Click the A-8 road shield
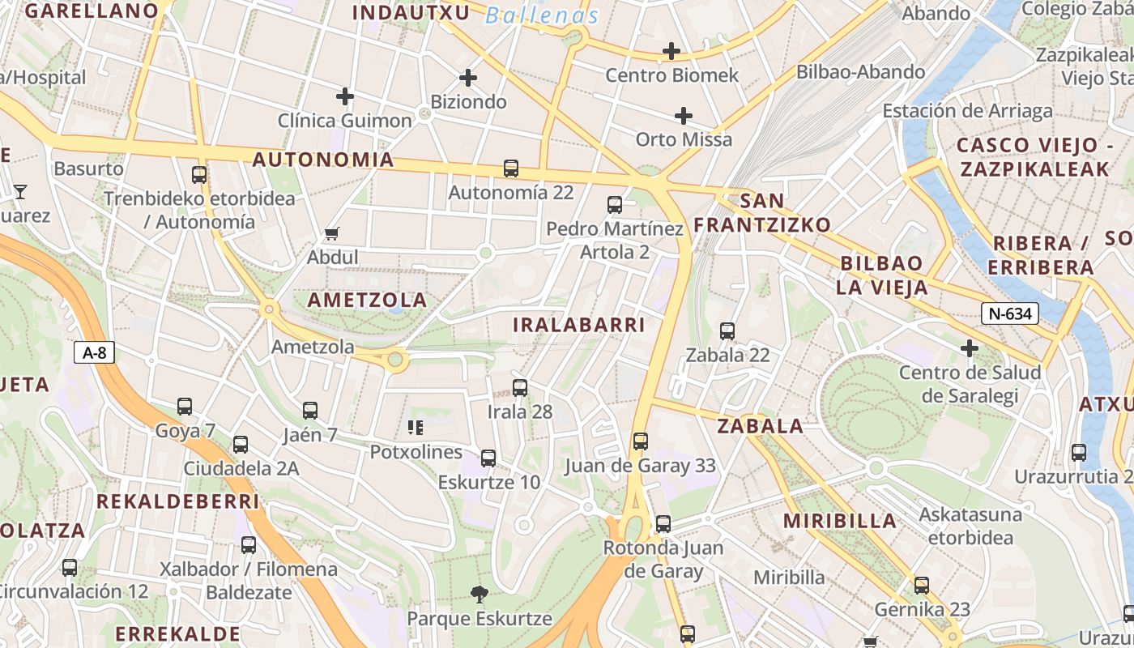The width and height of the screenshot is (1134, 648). pyautogui.click(x=95, y=352)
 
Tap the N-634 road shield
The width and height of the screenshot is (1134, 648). pyautogui.click(x=1009, y=313)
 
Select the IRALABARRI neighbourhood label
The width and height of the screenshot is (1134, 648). pyautogui.click(x=579, y=325)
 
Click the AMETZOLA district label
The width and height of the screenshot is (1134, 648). pyautogui.click(x=367, y=300)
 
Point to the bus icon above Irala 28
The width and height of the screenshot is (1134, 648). pyautogui.click(x=520, y=388)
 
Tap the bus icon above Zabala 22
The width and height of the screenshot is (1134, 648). pyautogui.click(x=727, y=331)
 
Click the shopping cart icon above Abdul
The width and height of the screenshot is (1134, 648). pyautogui.click(x=331, y=234)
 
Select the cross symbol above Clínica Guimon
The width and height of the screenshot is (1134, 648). pyautogui.click(x=345, y=97)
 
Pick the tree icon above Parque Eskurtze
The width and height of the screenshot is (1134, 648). pyautogui.click(x=480, y=595)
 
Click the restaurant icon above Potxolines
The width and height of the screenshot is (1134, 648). pyautogui.click(x=416, y=428)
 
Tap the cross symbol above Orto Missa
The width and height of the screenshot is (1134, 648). pyautogui.click(x=684, y=116)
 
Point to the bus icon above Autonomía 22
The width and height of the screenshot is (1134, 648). pyautogui.click(x=511, y=168)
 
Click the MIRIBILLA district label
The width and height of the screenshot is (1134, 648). pyautogui.click(x=840, y=521)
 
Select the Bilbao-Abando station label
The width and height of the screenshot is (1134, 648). pyautogui.click(x=860, y=72)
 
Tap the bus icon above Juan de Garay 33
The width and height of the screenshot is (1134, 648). pyautogui.click(x=641, y=441)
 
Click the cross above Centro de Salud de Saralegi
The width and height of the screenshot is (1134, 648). pyautogui.click(x=970, y=349)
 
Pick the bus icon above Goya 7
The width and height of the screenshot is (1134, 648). pyautogui.click(x=185, y=407)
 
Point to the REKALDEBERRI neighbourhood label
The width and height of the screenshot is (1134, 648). pyautogui.click(x=177, y=501)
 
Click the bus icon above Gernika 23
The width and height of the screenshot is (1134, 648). pyautogui.click(x=922, y=586)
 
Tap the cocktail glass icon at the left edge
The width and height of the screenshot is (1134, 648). pyautogui.click(x=20, y=192)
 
